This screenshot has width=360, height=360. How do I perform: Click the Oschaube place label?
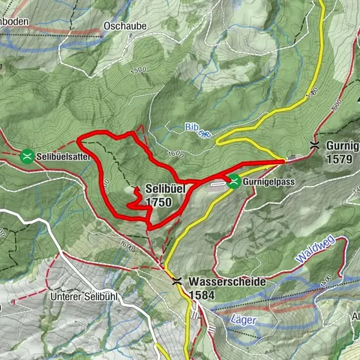(x=124, y=25)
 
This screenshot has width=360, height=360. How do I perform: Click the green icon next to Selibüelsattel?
(x=27, y=156)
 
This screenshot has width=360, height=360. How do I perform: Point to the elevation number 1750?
(x=160, y=202)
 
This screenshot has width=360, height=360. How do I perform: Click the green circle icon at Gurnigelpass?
(x=234, y=180)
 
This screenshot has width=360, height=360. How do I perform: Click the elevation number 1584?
(x=202, y=295)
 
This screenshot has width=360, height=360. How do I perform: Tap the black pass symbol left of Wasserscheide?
(x=177, y=281)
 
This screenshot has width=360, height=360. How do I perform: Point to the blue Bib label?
(x=193, y=127)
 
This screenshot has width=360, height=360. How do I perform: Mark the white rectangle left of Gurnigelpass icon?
(x=217, y=182)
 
